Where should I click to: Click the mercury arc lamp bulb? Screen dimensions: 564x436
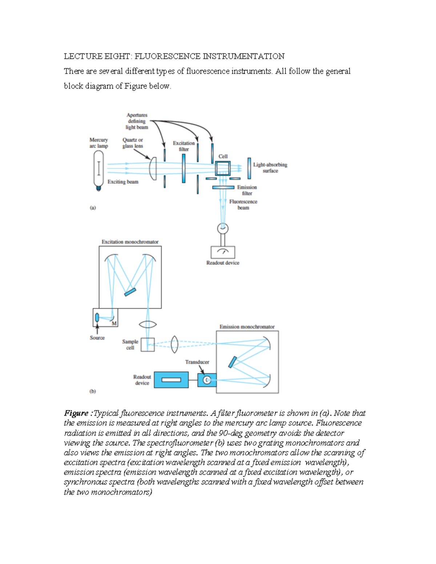click(x=98, y=169)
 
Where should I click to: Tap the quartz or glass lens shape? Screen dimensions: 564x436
click(x=154, y=169)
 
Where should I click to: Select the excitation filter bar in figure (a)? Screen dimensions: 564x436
click(x=184, y=169)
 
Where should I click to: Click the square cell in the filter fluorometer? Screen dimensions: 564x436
click(x=222, y=168)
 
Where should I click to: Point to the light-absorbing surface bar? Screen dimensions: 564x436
click(x=249, y=168)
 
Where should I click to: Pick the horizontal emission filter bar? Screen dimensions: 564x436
click(x=223, y=187)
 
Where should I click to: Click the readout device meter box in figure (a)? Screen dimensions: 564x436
click(x=223, y=252)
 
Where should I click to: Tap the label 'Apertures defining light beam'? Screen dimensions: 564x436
click(x=137, y=121)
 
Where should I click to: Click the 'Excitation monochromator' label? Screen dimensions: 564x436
click(x=130, y=242)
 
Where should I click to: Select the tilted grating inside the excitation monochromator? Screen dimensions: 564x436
click(x=130, y=292)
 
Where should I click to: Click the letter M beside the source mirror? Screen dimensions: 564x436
click(x=114, y=323)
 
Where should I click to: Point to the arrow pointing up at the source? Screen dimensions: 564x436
click(x=97, y=329)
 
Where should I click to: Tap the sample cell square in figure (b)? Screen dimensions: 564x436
click(x=148, y=345)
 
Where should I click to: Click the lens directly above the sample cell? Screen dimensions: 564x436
click(x=148, y=324)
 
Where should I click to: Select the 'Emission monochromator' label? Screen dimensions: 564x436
click(x=247, y=327)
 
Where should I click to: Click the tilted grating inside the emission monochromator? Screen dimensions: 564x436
click(x=233, y=362)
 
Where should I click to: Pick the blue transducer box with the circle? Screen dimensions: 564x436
click(x=207, y=380)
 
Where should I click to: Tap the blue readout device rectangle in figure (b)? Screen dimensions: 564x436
click(x=171, y=380)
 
